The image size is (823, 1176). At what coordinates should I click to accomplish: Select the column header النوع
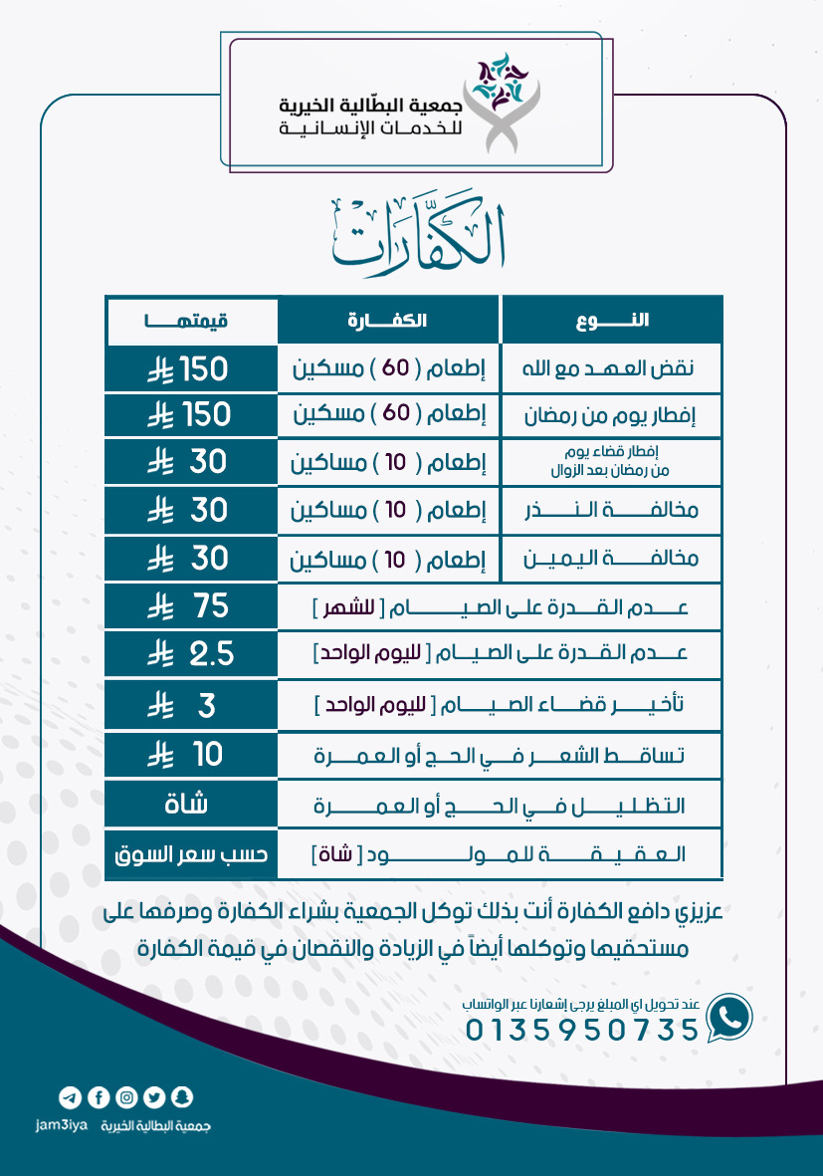pyautogui.click(x=612, y=321)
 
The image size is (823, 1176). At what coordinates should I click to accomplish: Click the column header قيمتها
pyautogui.click(x=188, y=321)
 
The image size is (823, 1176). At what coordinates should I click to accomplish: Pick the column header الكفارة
pyautogui.click(x=388, y=321)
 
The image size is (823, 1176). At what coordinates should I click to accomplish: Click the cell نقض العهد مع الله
pyautogui.click(x=612, y=368)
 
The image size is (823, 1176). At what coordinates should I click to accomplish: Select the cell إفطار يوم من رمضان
pyautogui.click(x=612, y=415)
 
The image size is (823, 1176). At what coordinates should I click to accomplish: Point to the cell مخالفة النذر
pyautogui.click(x=612, y=512)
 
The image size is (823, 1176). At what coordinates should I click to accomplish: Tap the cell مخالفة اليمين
pyautogui.click(x=612, y=560)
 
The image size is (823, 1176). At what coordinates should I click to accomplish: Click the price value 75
pyautogui.click(x=212, y=605)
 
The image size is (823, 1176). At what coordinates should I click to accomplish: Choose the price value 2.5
pyautogui.click(x=212, y=654)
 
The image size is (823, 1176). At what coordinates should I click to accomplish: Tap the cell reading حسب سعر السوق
pyautogui.click(x=189, y=854)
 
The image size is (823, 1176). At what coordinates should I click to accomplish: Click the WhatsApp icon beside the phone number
pyautogui.click(x=729, y=1017)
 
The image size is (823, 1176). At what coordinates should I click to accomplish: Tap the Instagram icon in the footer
pyautogui.click(x=126, y=1097)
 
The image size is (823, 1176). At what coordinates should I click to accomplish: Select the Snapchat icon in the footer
pyautogui.click(x=182, y=1097)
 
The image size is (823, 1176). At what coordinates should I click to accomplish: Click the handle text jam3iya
pyautogui.click(x=62, y=1125)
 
